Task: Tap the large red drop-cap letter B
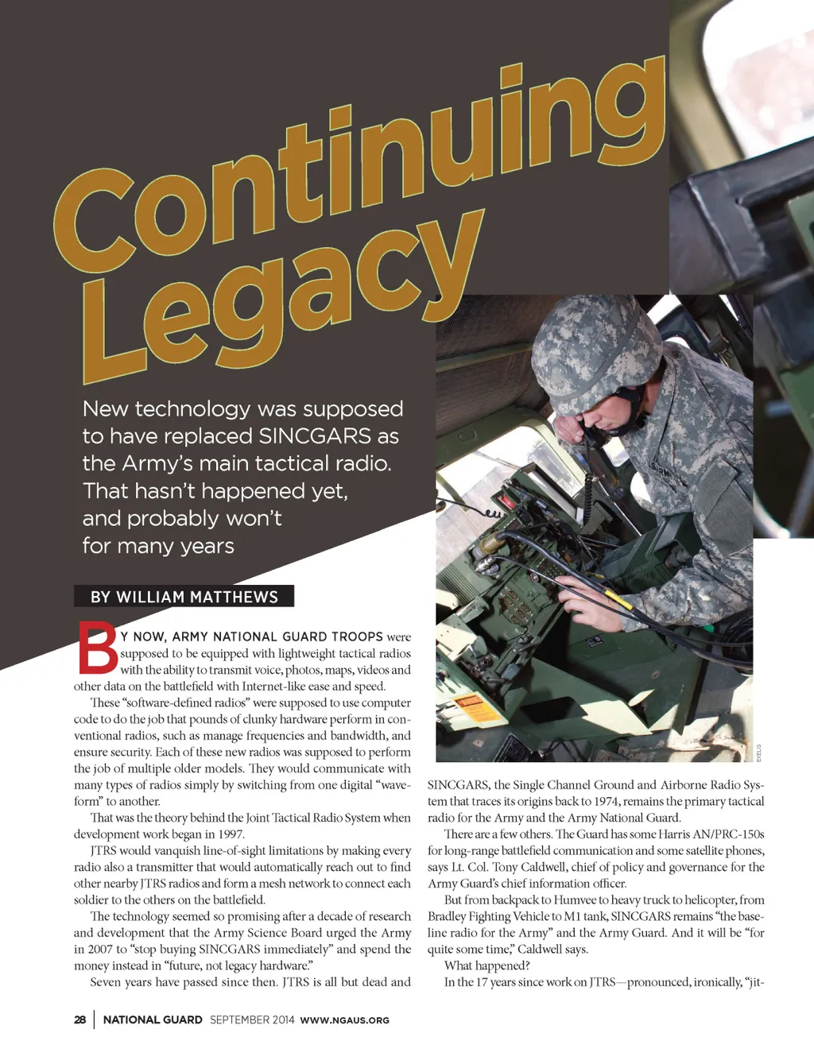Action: coord(97,648)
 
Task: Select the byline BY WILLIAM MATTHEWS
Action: coord(184,597)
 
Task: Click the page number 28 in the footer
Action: coord(80,1019)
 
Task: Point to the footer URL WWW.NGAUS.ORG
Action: coord(344,1020)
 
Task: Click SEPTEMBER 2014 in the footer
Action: coord(252,1019)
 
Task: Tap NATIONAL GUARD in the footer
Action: coord(153,1019)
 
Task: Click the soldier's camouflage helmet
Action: coord(588,342)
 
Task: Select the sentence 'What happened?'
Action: coord(486,965)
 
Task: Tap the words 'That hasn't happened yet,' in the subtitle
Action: coord(215,491)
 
